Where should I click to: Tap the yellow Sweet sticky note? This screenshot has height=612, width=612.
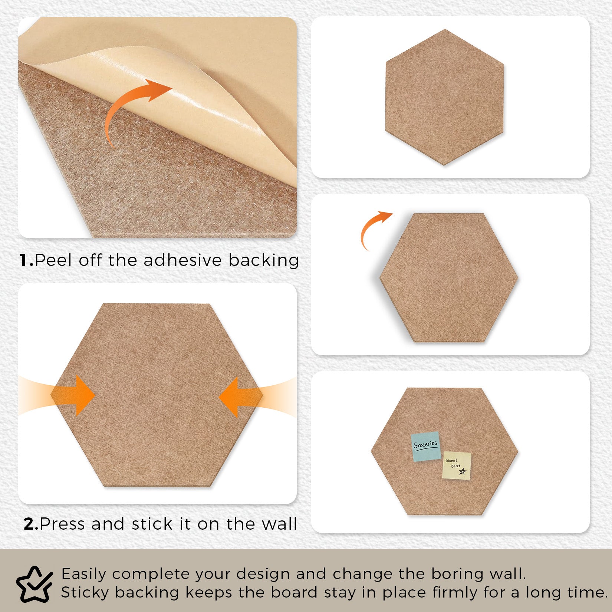457,465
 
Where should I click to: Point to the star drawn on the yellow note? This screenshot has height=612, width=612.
462,471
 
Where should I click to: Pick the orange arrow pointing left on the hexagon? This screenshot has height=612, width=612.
241,397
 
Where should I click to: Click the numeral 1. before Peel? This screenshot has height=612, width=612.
27,260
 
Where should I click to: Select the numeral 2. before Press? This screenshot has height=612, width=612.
31,524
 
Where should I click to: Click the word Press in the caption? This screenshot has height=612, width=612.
63,524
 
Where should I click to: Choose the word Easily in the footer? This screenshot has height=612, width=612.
84,574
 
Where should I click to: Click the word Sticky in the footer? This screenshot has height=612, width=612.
85,592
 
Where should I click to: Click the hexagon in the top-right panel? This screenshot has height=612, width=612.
444,97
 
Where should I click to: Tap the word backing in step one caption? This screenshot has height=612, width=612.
263,260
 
